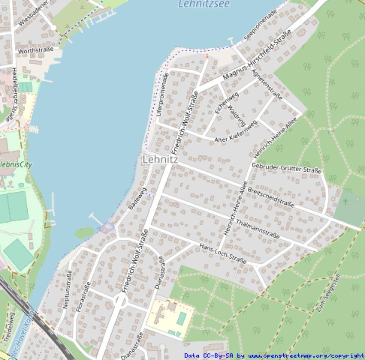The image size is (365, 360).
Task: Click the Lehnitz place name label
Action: pos(160,160)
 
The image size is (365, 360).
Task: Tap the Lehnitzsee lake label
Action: pos(204,4)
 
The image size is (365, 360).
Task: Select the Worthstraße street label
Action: pos(36,50)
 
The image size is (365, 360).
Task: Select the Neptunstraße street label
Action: pos(67,289)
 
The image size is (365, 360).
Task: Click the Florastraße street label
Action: pos(79,298)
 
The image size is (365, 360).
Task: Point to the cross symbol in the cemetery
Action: pos(345,202)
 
